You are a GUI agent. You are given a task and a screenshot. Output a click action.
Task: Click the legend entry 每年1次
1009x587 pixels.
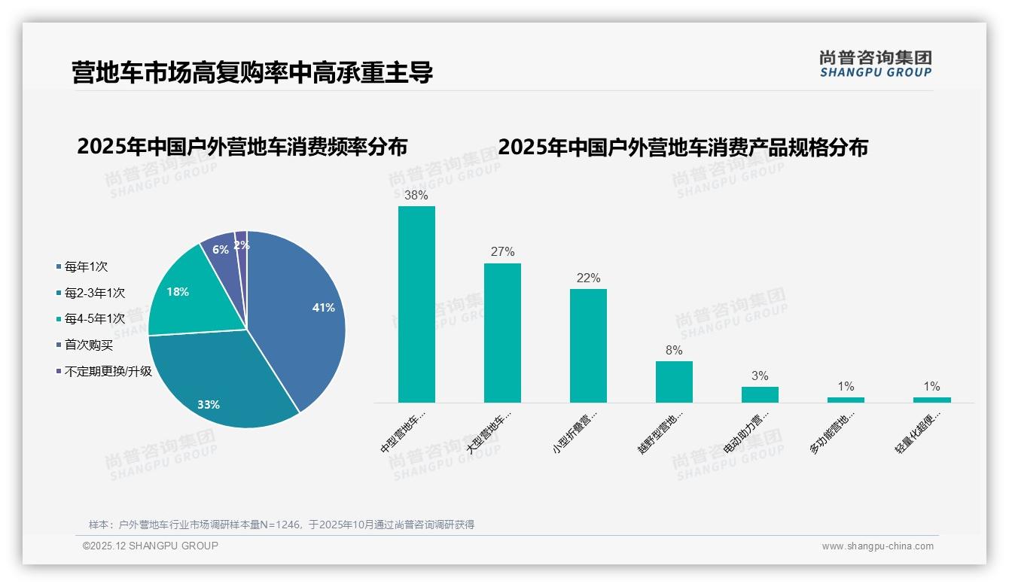(x=86, y=266)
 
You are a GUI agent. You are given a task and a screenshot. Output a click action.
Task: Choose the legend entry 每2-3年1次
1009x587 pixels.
(x=94, y=293)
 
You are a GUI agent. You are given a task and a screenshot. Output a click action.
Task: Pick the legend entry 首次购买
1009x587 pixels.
(x=88, y=345)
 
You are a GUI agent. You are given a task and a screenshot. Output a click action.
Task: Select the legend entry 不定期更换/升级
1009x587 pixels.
(x=108, y=371)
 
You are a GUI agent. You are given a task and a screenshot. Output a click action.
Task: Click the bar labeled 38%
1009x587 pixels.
(x=416, y=304)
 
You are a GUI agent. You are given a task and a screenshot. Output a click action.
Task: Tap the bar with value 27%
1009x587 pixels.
(x=502, y=333)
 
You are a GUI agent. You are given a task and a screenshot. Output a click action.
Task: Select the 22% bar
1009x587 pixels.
(x=588, y=345)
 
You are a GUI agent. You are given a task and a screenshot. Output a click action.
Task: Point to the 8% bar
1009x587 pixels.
(x=674, y=382)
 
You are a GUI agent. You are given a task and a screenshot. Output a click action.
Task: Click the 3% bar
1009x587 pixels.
(x=760, y=394)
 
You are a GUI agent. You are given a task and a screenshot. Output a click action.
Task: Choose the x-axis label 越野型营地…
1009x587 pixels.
(x=661, y=433)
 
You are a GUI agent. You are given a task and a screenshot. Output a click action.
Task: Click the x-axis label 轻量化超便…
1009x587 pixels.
(x=919, y=433)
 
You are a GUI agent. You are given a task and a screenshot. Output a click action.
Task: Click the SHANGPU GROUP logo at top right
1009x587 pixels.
(x=876, y=64)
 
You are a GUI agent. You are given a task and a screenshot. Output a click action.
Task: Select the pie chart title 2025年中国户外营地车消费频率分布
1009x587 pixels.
(x=242, y=147)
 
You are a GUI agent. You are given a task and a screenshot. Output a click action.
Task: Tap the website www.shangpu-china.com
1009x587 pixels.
(x=877, y=546)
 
